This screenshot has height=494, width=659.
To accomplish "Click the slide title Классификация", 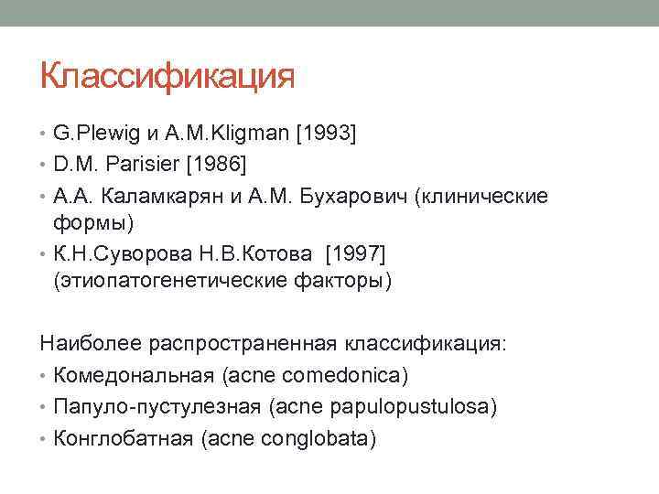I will (x=167, y=76).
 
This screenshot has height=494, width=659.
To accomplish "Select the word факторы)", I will (x=351, y=281).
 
